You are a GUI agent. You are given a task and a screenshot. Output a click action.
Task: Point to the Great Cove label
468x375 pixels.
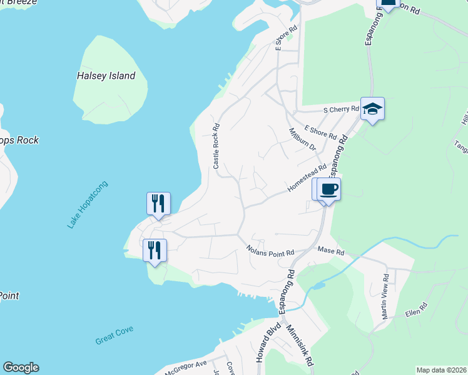click(x=114, y=335)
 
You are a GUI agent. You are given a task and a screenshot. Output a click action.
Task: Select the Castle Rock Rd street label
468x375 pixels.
click(x=216, y=146)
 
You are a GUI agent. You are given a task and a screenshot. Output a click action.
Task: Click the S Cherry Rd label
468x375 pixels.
click(x=341, y=109)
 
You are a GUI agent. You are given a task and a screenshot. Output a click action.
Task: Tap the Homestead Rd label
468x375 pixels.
click(x=307, y=178)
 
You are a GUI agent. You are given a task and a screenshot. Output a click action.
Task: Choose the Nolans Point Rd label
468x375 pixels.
click(x=270, y=251)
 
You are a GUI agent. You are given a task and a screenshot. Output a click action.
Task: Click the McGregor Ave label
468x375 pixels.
click(x=185, y=366)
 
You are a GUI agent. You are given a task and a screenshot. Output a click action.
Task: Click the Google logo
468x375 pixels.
click(x=21, y=367)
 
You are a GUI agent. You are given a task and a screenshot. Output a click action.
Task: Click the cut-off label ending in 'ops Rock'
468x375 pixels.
click(x=19, y=140)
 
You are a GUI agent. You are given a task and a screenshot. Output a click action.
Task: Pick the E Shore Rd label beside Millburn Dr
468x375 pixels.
click(x=320, y=132)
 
